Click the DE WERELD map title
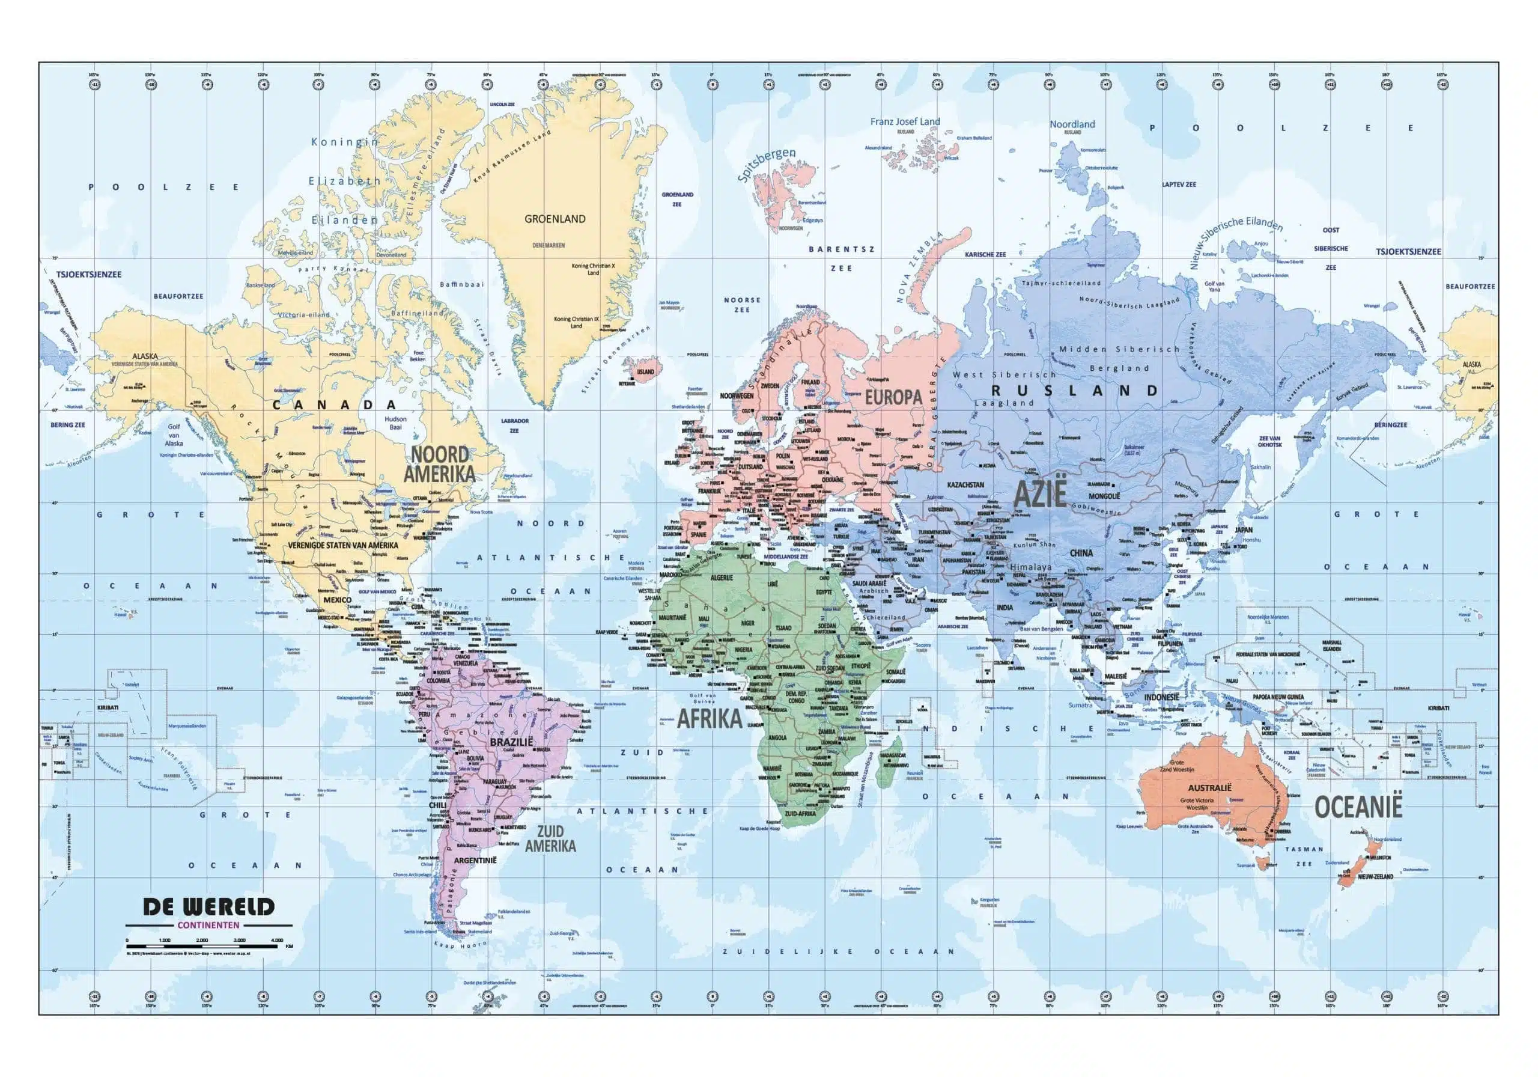coord(209,907)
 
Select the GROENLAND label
coord(555,219)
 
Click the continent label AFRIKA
coord(710,718)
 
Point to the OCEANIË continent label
coord(1358,807)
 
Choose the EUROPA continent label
coord(893,397)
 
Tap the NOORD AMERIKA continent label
coord(439,464)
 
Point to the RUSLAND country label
coord(1074,391)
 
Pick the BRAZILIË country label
coord(511,743)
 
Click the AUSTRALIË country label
coord(1210,787)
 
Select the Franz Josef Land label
coord(905,122)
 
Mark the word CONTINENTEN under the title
coord(209,926)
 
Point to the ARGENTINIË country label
coord(475,860)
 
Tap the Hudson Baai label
coord(395,423)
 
